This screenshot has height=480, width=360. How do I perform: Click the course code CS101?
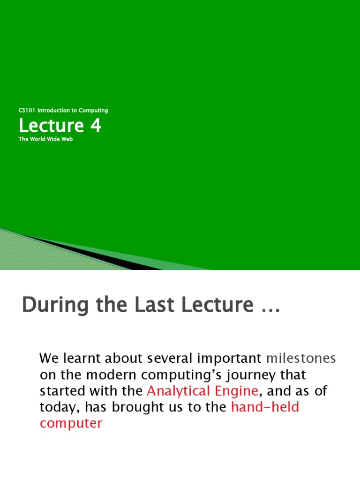[27, 111]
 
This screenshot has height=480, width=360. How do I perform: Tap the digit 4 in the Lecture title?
[96, 126]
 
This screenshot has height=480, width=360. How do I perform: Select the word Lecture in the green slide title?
[51, 126]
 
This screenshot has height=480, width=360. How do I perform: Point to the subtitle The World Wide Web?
[46, 140]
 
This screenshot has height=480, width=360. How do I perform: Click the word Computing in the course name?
[93, 111]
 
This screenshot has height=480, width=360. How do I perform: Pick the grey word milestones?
[301, 359]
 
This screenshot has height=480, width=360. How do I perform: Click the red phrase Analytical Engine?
[202, 390]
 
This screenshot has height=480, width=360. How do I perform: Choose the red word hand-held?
[265, 407]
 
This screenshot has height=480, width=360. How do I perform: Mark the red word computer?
[71, 423]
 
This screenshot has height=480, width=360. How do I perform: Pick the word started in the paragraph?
[60, 390]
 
